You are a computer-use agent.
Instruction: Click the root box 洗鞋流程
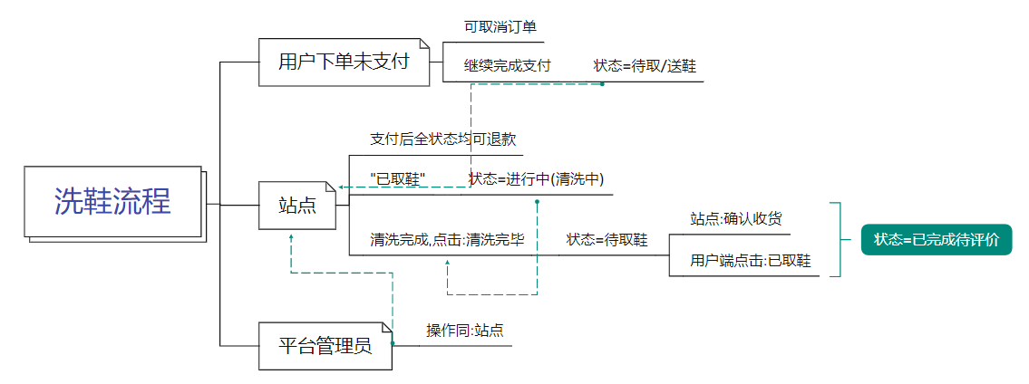coord(112,202)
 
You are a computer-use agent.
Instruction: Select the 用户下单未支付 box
coord(344,62)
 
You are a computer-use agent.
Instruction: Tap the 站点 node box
coord(296,206)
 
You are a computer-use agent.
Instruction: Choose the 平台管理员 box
coord(325,345)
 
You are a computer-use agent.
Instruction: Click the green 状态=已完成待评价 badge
coord(936,240)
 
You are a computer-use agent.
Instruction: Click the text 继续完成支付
coord(508,65)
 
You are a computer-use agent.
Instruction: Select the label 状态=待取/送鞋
coord(646,65)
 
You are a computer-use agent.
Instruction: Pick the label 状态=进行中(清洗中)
coord(537,178)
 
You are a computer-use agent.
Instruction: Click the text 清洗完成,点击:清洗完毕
coord(447,240)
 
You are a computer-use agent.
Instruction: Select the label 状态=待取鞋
coord(607,240)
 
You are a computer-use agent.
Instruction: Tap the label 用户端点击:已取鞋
coord(750,262)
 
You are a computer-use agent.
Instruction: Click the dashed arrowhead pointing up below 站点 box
coord(290,237)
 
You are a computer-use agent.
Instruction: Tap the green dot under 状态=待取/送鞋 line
coord(602,84)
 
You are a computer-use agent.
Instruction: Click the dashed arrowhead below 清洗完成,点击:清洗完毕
coord(447,264)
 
